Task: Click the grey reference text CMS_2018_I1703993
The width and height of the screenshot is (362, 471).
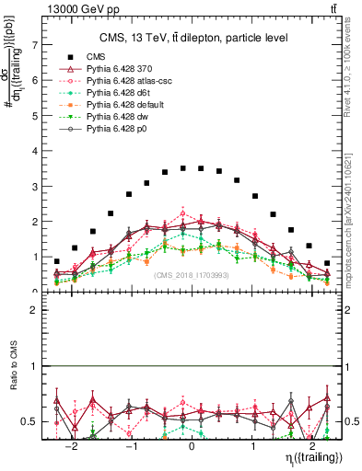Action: click(x=192, y=274)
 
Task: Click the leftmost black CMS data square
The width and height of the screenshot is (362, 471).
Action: click(x=57, y=261)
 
